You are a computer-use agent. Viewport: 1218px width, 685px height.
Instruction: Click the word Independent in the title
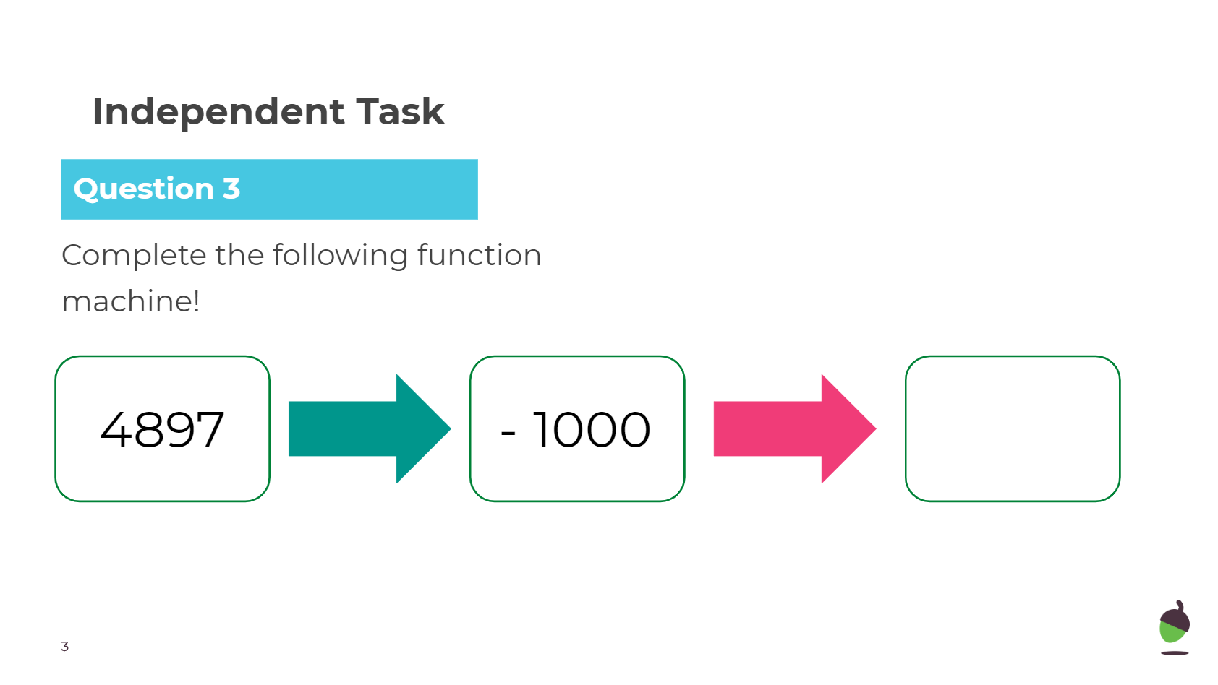click(218, 113)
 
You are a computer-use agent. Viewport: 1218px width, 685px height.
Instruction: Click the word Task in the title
click(401, 112)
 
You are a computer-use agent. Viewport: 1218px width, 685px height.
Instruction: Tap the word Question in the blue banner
click(143, 190)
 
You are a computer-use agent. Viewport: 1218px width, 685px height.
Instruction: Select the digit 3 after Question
click(231, 189)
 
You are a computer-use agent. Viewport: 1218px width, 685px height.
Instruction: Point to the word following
click(340, 256)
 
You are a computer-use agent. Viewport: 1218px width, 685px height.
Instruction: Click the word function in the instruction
click(479, 255)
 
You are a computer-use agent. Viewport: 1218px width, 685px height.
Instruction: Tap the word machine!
click(130, 301)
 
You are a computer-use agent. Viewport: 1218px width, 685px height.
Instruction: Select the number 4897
click(162, 430)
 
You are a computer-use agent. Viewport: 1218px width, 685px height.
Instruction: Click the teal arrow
click(370, 428)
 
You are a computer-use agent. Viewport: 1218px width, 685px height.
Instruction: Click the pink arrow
click(795, 428)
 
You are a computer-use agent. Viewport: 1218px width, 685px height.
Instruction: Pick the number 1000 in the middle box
click(592, 430)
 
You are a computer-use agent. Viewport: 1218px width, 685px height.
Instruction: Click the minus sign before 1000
click(507, 434)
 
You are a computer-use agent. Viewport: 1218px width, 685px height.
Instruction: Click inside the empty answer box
click(1013, 428)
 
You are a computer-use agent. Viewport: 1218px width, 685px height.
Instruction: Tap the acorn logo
click(1175, 627)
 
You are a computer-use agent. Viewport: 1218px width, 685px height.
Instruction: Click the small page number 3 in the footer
click(64, 647)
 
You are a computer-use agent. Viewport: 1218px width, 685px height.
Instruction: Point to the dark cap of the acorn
click(1175, 616)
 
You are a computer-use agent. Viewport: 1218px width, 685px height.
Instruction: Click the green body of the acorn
click(1171, 633)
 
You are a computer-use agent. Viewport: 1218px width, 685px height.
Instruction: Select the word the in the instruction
click(239, 255)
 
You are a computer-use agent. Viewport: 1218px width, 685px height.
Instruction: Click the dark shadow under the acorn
click(1175, 653)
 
